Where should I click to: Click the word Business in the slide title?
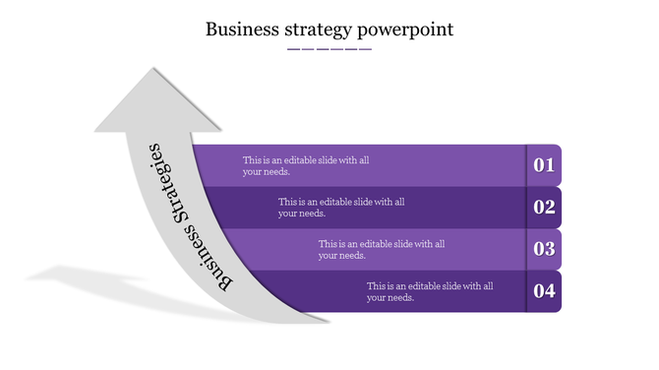[x=241, y=30]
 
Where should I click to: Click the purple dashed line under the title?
[x=329, y=48]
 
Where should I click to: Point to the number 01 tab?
[x=544, y=165]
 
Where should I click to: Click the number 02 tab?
[x=544, y=207]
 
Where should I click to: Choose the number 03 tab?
[x=544, y=249]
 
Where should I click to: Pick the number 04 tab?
[x=544, y=290]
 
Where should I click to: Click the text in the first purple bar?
[x=306, y=165]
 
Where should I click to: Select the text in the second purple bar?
[x=341, y=207]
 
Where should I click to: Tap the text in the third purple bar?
[x=382, y=249]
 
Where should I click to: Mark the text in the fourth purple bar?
[x=430, y=291]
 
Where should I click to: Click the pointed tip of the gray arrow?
[x=152, y=70]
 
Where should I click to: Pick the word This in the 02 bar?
[x=286, y=201]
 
